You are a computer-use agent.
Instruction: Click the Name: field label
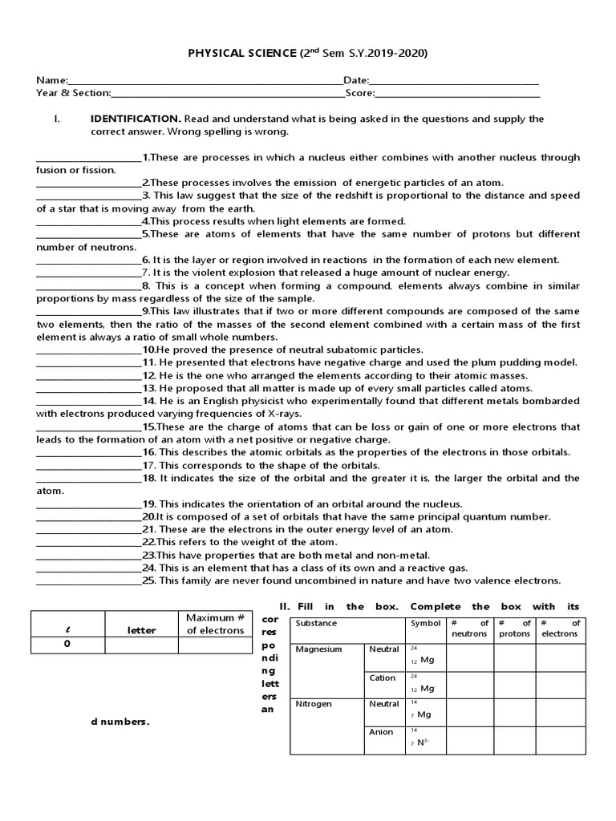(x=52, y=80)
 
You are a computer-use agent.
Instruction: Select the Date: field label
(x=356, y=80)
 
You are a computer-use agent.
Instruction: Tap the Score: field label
(x=359, y=93)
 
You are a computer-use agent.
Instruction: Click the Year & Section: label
(x=73, y=93)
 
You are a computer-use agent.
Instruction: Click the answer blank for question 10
(x=88, y=350)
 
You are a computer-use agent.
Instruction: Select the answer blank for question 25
(x=88, y=581)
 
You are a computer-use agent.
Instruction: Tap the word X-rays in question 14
(x=267, y=414)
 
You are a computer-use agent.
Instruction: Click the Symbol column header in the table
(x=425, y=624)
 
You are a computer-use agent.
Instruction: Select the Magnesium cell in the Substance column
(x=318, y=649)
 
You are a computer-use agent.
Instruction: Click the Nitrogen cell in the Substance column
(x=313, y=704)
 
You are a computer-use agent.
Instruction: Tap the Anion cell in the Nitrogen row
(x=381, y=732)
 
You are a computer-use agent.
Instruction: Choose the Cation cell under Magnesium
(x=382, y=678)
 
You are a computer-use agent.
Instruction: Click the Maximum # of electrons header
(x=214, y=624)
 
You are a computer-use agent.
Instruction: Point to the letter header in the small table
(x=141, y=630)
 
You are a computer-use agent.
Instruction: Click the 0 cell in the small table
(x=67, y=644)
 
